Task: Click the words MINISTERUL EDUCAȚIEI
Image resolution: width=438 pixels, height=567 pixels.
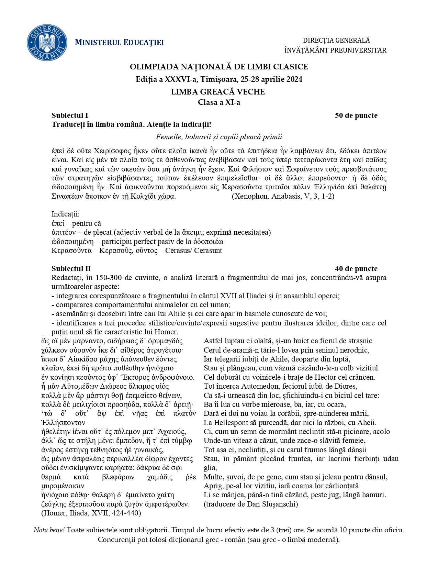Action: point(119,43)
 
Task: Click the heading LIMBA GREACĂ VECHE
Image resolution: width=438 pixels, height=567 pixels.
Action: point(218,92)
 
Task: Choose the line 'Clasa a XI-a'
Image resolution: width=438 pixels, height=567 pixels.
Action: point(219,102)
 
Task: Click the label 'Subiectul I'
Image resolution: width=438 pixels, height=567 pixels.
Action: point(70,115)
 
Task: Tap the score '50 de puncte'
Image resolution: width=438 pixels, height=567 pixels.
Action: point(356,115)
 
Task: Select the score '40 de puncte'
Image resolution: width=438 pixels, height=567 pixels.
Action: point(356,269)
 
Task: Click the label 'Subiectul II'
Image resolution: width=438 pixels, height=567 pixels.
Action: point(71,269)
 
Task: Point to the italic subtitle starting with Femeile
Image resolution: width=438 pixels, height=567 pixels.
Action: point(219,137)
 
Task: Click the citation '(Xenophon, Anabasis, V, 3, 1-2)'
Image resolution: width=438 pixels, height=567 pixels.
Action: point(283,196)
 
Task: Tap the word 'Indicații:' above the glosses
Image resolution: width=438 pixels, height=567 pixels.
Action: point(65,214)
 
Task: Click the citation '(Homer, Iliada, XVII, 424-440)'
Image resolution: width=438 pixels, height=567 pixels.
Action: point(91,513)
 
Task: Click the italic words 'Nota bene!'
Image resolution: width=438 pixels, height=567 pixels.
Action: point(49,530)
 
